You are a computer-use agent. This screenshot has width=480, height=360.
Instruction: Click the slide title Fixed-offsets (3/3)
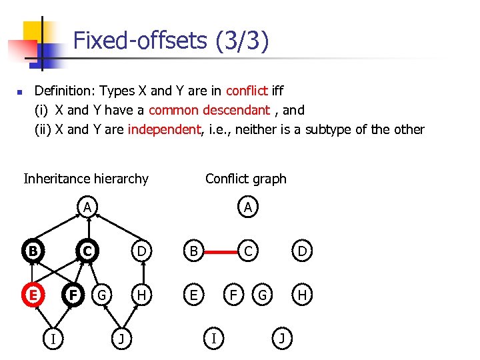click(171, 41)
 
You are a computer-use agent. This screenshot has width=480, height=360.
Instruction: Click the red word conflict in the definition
click(247, 91)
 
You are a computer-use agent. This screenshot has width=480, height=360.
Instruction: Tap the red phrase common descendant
click(209, 110)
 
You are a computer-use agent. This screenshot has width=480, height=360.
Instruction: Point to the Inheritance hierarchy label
click(86, 179)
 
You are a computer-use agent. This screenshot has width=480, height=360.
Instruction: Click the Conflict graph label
click(245, 179)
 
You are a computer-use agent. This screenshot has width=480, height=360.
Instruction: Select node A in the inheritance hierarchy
click(87, 207)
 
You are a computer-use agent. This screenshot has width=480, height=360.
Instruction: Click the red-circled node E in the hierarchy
click(31, 294)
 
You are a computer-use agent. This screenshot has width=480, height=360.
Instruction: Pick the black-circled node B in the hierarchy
click(31, 251)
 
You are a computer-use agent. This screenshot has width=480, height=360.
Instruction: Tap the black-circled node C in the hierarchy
click(87, 251)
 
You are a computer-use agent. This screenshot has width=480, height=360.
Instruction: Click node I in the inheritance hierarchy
click(53, 338)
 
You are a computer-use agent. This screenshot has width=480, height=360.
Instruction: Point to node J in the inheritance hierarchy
click(121, 338)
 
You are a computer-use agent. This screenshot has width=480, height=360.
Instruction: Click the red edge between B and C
click(220, 252)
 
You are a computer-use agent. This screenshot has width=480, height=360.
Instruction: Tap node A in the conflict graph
click(248, 208)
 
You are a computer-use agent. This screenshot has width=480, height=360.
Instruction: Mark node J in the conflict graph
click(282, 338)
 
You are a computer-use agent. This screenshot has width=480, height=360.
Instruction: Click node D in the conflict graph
click(302, 252)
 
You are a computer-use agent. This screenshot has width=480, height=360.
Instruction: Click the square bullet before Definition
click(20, 92)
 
